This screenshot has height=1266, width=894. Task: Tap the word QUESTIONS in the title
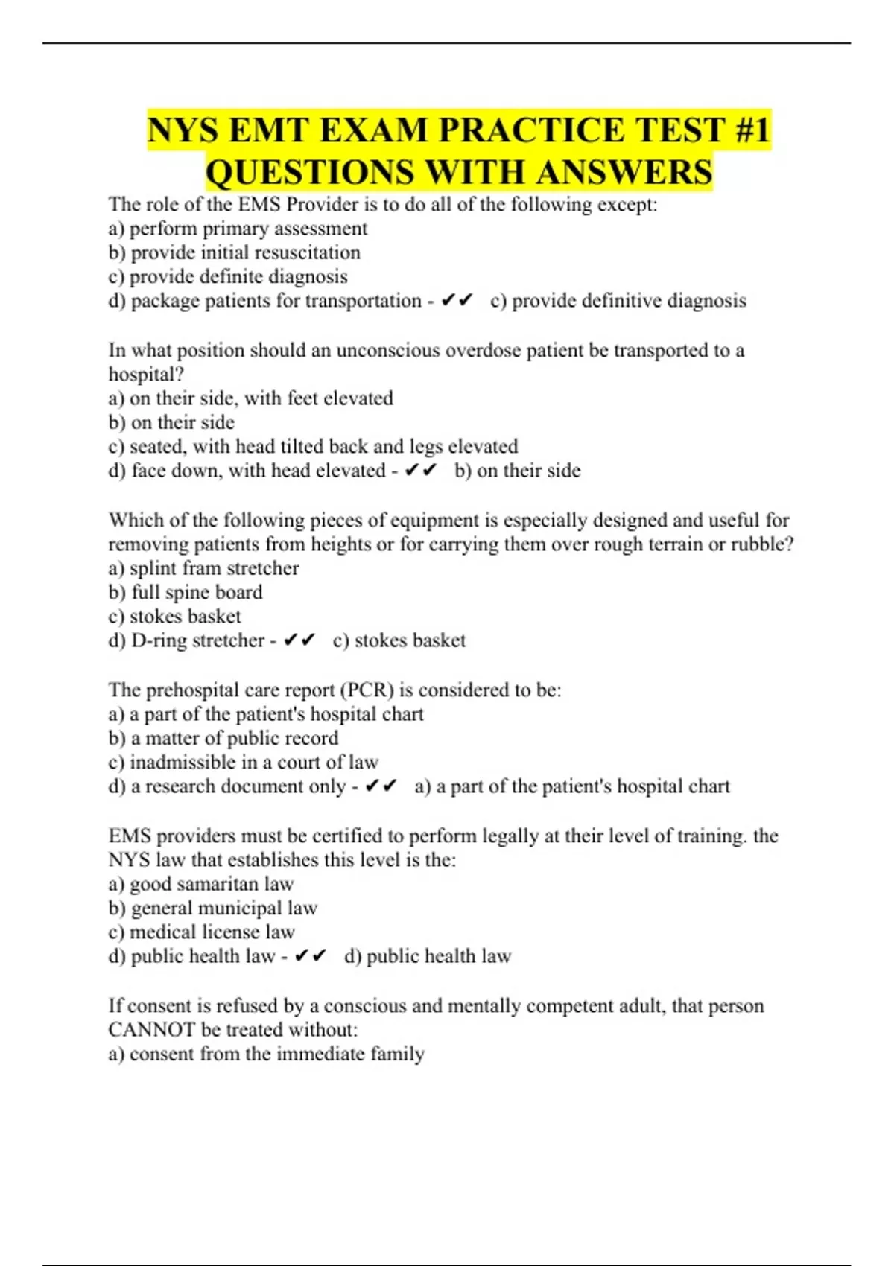pyautogui.click(x=309, y=173)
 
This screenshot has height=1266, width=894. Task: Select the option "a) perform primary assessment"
pyautogui.click(x=238, y=229)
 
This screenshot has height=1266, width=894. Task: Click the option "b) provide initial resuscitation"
pyautogui.click(x=234, y=252)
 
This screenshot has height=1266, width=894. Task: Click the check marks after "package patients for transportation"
pyautogui.click(x=457, y=301)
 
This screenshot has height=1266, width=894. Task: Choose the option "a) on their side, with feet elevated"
pyautogui.click(x=250, y=398)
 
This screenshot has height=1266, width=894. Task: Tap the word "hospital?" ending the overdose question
pyautogui.click(x=146, y=374)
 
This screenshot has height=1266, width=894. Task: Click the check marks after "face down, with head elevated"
pyautogui.click(x=421, y=471)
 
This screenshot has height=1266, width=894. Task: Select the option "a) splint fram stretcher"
pyautogui.click(x=203, y=568)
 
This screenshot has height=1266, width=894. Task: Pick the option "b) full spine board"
pyautogui.click(x=186, y=592)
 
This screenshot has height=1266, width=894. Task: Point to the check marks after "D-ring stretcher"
pyautogui.click(x=299, y=640)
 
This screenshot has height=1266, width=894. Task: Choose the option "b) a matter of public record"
pyautogui.click(x=223, y=738)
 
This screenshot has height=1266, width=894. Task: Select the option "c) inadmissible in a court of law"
pyautogui.click(x=243, y=762)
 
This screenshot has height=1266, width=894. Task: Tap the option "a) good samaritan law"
pyautogui.click(x=201, y=884)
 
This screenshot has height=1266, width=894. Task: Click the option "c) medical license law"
pyautogui.click(x=201, y=932)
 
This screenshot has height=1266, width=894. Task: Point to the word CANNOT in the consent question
pyautogui.click(x=152, y=1030)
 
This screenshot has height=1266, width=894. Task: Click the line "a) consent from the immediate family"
pyautogui.click(x=266, y=1054)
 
